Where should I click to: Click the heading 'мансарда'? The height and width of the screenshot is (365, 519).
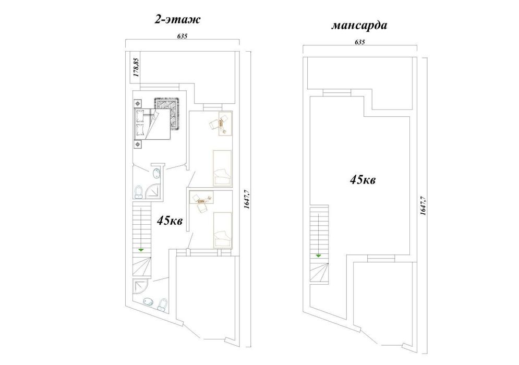click(x=359, y=26)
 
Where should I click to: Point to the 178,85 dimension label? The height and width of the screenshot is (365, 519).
click(x=136, y=67)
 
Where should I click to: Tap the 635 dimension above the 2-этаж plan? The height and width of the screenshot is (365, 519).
click(x=182, y=36)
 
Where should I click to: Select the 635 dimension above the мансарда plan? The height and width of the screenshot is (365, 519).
click(x=359, y=42)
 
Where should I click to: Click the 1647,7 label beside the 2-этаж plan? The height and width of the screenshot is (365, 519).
click(x=246, y=199)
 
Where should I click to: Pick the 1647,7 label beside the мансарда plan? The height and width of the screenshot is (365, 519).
click(x=423, y=205)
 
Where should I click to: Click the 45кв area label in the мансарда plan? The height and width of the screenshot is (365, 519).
click(x=363, y=180)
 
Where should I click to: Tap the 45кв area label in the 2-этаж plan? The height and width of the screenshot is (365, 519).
click(x=170, y=220)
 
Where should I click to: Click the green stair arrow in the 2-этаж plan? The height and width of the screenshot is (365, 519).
click(x=141, y=250)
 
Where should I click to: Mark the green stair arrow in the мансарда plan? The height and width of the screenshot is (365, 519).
click(x=318, y=256)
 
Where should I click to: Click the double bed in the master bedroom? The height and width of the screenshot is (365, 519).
click(x=152, y=124)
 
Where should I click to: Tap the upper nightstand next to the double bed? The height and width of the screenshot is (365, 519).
click(x=138, y=103)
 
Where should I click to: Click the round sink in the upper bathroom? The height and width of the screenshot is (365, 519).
click(x=156, y=173)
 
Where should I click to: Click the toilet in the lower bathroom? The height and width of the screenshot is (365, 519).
click(x=162, y=305)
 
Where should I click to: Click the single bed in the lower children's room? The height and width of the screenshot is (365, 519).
click(x=222, y=229)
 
